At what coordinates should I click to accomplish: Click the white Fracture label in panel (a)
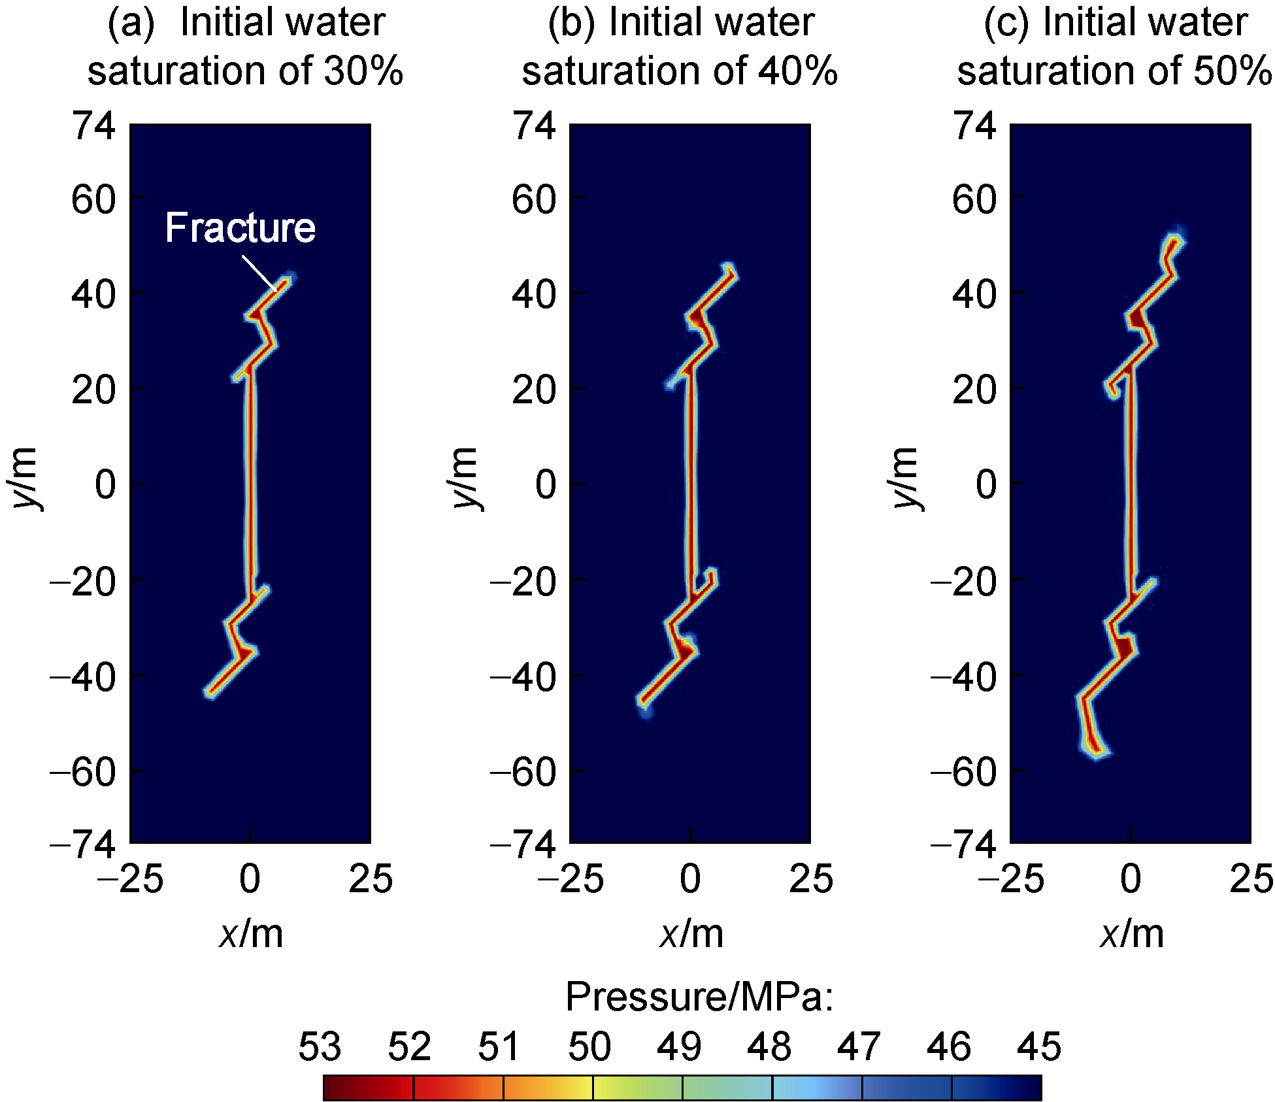(240, 228)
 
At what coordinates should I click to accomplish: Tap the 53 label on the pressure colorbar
(320, 1046)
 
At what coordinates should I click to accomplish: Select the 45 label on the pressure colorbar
(1039, 1046)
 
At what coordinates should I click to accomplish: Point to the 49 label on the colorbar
(679, 1046)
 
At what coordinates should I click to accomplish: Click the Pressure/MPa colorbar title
(699, 997)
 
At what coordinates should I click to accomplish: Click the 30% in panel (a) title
(363, 71)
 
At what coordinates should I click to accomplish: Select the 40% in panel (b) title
(797, 71)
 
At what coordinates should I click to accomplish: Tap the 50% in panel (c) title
(1233, 71)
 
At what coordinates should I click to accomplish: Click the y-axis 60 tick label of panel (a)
(93, 199)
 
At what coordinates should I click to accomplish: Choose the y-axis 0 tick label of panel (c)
(986, 485)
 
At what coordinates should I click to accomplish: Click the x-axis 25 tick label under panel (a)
(371, 879)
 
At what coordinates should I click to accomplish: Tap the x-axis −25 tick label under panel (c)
(1010, 879)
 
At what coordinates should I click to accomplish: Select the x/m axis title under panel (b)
(691, 935)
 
